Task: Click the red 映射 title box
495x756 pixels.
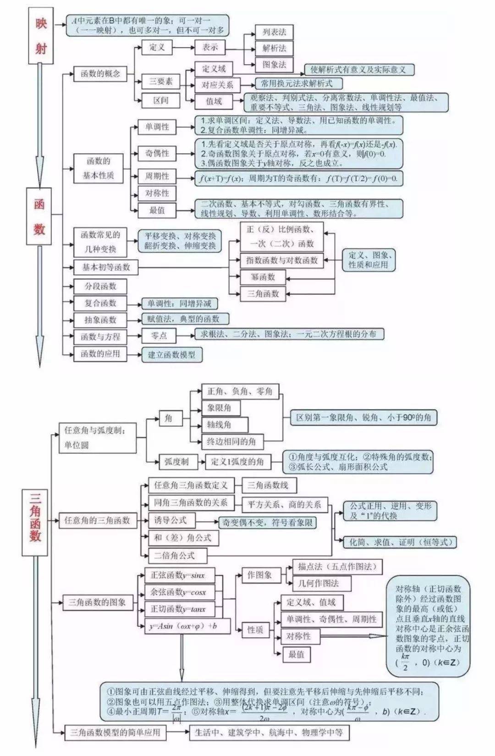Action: (x=41, y=35)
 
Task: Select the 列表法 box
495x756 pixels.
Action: (x=274, y=32)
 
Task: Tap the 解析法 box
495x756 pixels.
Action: (x=274, y=48)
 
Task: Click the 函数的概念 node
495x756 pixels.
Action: (x=100, y=73)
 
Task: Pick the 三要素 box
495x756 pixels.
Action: (x=160, y=82)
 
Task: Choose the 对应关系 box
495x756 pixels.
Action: (x=218, y=84)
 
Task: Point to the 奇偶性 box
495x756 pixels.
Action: (x=157, y=153)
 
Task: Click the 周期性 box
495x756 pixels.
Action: (x=157, y=177)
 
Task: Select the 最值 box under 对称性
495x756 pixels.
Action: (x=157, y=210)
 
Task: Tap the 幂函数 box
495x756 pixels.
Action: (x=263, y=277)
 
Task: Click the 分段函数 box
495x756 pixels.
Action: (x=100, y=287)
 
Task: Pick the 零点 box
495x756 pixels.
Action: (x=159, y=336)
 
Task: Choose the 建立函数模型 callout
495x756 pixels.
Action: (x=171, y=354)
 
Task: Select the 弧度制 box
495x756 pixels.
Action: (x=176, y=462)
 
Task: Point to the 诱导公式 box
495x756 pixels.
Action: (x=170, y=520)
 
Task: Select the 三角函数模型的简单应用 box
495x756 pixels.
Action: (x=115, y=732)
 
